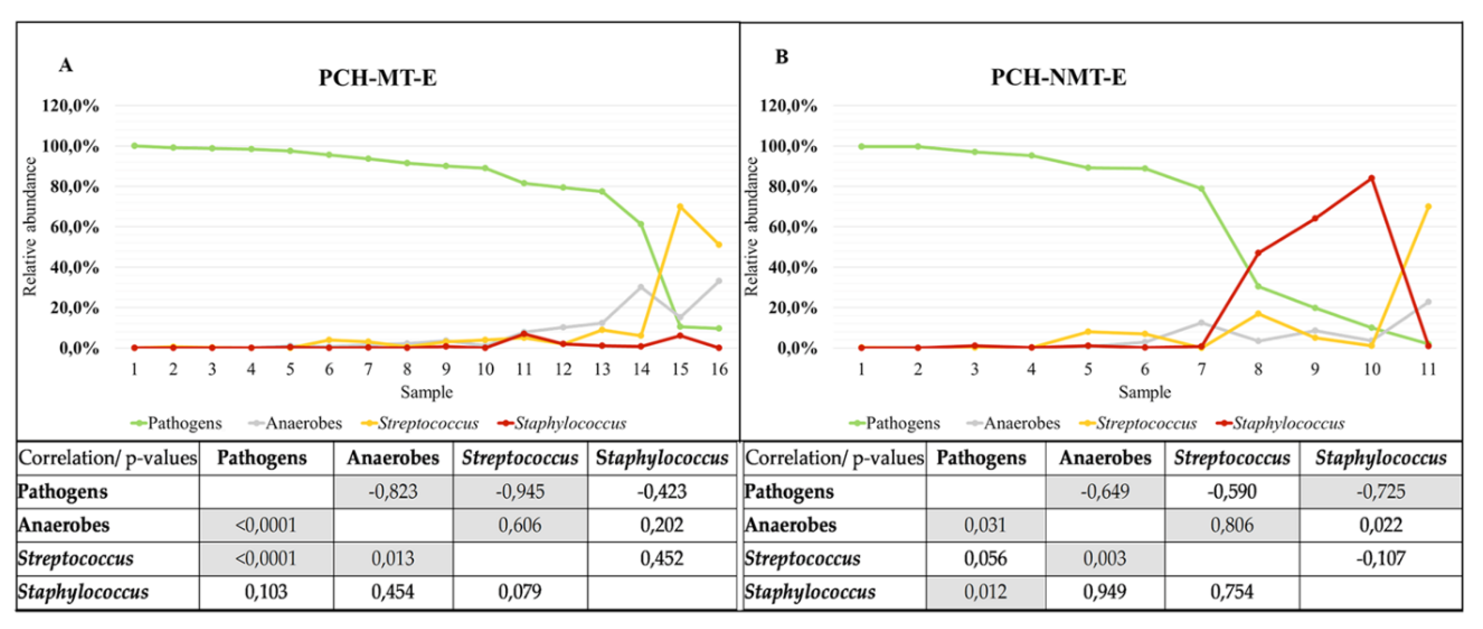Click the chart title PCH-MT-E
pyautogui.click(x=378, y=77)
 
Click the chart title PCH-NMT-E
pyautogui.click(x=1058, y=77)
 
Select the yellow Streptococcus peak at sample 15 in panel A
pyautogui.click(x=680, y=206)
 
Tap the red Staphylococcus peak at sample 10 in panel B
pyautogui.click(x=1372, y=178)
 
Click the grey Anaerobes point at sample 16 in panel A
pyautogui.click(x=718, y=281)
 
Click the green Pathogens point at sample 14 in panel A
pyautogui.click(x=641, y=224)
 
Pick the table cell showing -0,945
pyautogui.click(x=519, y=491)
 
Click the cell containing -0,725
pyautogui.click(x=1380, y=491)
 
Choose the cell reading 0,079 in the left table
pyautogui.click(x=519, y=592)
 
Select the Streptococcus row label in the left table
pyautogui.click(x=76, y=558)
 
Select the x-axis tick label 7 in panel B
pyautogui.click(x=1201, y=369)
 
